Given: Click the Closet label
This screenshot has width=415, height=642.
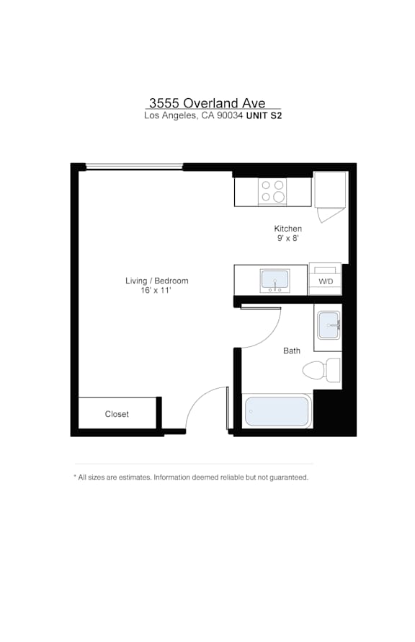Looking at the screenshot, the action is click(117, 414).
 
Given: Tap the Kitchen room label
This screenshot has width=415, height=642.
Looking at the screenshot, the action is click(288, 229).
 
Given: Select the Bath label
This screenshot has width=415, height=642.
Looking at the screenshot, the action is click(292, 351).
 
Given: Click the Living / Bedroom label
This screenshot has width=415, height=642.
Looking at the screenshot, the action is click(156, 281).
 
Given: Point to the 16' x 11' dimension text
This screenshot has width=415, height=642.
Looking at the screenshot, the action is click(156, 290).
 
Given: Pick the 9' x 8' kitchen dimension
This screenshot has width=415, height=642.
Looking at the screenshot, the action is click(288, 238).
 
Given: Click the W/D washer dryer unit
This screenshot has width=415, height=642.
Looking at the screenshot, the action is click(326, 279).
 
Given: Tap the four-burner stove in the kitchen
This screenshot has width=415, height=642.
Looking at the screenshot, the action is click(272, 192).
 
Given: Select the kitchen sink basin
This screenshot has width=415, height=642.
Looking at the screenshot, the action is click(275, 281).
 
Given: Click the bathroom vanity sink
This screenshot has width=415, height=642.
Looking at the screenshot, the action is click(329, 325).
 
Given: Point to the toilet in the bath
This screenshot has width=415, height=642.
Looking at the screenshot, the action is click(321, 370).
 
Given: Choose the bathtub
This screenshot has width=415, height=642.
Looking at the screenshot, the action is click(277, 411).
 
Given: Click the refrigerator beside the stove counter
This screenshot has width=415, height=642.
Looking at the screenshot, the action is click(331, 190).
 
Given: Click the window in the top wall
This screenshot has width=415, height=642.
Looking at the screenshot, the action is click(134, 167).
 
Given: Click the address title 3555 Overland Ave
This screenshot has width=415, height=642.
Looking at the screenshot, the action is click(207, 102).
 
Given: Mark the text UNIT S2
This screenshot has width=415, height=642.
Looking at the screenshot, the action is click(264, 115).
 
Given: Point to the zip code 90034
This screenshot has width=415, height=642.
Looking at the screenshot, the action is click(230, 115).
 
